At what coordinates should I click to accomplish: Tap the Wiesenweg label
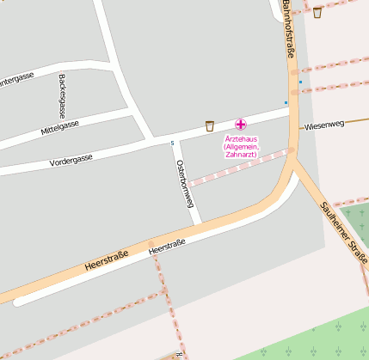[323, 125]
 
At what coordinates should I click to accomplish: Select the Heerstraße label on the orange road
[107, 261]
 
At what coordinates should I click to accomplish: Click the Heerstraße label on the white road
[167, 247]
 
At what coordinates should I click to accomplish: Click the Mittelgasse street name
[59, 129]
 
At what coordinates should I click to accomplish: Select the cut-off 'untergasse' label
[16, 77]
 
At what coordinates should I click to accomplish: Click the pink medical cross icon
[240, 125]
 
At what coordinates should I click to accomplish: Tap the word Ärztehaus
[241, 139]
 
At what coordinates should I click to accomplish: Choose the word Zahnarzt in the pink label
[241, 155]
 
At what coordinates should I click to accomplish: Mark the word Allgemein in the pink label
[241, 147]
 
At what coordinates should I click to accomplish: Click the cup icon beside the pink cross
[209, 126]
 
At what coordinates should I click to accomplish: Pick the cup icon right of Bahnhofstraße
[317, 12]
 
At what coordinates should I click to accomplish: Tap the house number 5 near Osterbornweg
[172, 143]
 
